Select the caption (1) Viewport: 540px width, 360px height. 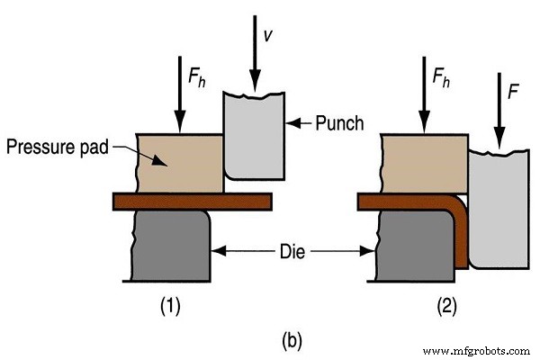(x=172, y=305)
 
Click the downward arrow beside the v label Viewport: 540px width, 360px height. (x=253, y=45)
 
